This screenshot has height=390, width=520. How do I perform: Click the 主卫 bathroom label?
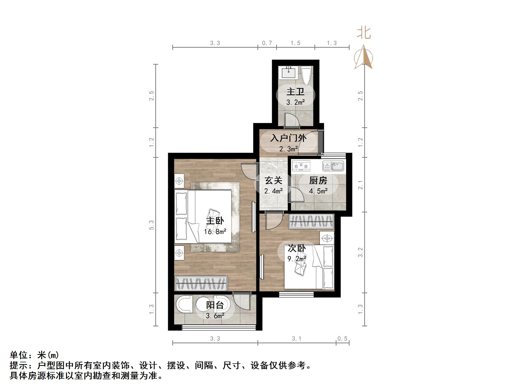[x=295, y=92]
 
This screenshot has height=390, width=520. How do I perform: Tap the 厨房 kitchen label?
[x=318, y=180]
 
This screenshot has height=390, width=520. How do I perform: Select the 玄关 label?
[x=273, y=180]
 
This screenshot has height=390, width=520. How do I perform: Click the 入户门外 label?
[x=288, y=138]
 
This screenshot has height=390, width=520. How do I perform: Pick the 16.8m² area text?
[x=215, y=232]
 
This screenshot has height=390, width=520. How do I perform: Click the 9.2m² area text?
[x=297, y=259]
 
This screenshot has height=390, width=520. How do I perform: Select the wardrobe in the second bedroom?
[x=311, y=221]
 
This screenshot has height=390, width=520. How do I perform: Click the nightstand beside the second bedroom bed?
[x=327, y=238]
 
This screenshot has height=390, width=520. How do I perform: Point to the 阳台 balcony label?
[x=215, y=305]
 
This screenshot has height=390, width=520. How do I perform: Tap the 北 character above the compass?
[x=364, y=33]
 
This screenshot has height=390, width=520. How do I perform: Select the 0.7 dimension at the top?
[x=267, y=43]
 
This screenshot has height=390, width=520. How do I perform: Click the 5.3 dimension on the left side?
[x=152, y=225]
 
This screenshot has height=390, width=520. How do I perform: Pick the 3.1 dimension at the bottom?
[x=296, y=339]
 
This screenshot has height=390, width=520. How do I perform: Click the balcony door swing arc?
[x=243, y=303]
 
